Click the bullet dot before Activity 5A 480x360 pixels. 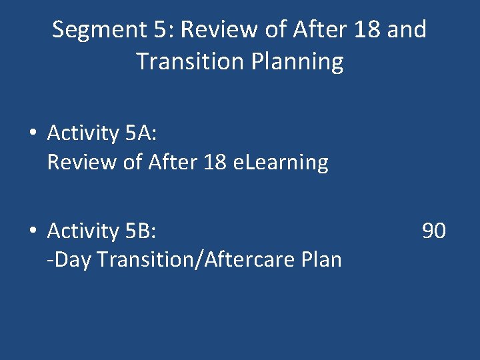(33, 133)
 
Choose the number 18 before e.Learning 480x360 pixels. (216, 162)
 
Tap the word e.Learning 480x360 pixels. (283, 162)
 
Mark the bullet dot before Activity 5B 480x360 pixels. (33, 231)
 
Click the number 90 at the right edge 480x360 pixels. (434, 231)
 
